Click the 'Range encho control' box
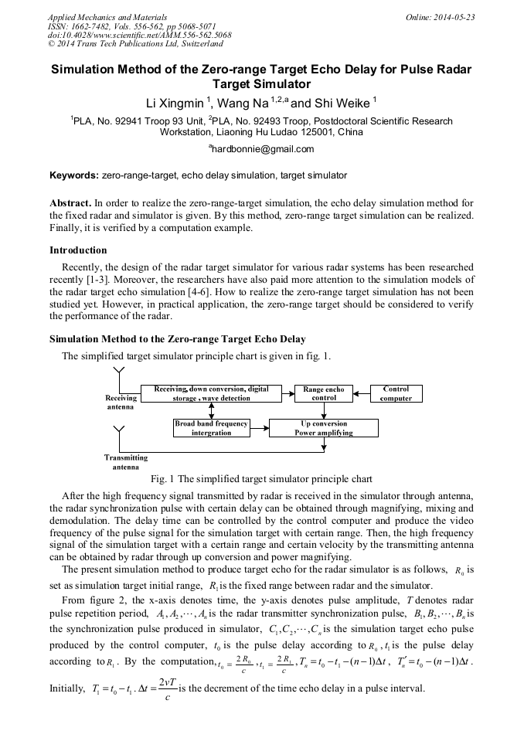[x=324, y=394]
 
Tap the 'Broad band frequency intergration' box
[x=211, y=428]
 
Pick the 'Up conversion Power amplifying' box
[x=323, y=428]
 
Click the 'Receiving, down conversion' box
[x=211, y=394]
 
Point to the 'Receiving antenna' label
[x=121, y=402]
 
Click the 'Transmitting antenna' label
[x=126, y=462]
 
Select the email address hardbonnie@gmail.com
[x=262, y=149]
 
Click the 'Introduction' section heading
[x=78, y=250]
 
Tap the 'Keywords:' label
[x=73, y=175]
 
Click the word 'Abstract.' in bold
[x=70, y=202]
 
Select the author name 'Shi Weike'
[x=342, y=103]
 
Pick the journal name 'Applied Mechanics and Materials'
[x=107, y=17]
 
